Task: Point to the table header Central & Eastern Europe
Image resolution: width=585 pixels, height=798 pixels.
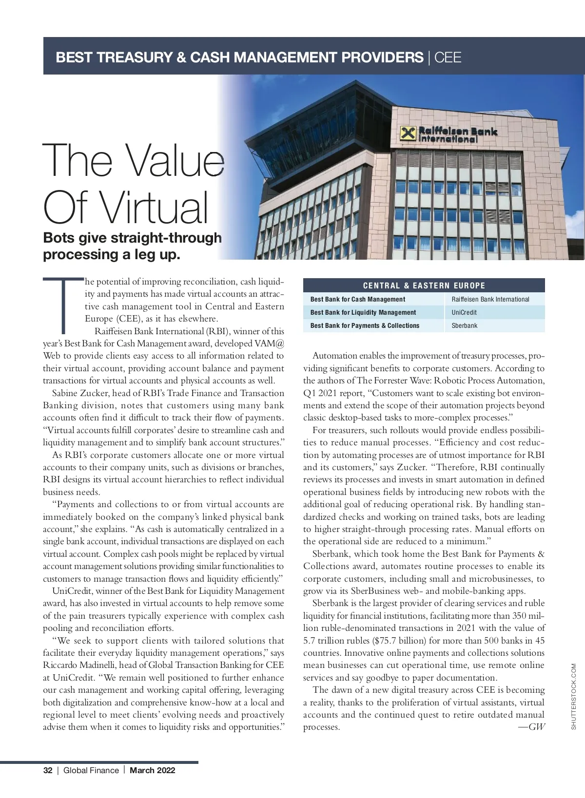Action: point(424,285)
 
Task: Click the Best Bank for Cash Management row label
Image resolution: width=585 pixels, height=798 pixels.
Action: point(358,299)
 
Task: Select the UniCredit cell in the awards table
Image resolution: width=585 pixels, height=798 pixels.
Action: point(464,312)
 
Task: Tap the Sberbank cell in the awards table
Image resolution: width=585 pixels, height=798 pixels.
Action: point(465,325)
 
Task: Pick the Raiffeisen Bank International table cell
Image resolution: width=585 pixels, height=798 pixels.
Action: point(490,299)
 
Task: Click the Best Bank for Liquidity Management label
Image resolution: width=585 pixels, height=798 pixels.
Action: point(363,312)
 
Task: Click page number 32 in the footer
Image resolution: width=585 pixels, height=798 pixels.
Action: point(48,770)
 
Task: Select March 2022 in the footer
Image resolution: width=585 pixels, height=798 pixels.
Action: point(153,770)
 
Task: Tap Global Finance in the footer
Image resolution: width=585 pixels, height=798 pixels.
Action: point(91,770)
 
